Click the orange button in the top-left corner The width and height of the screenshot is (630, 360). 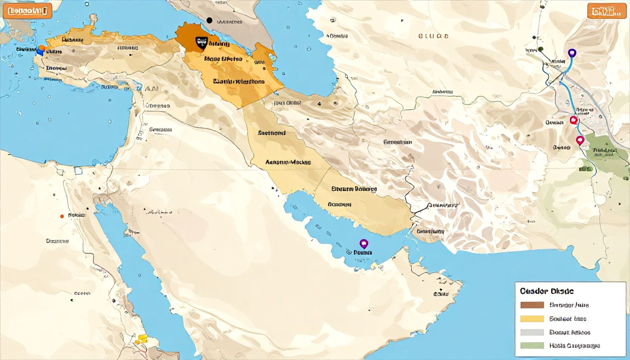click(x=27, y=11)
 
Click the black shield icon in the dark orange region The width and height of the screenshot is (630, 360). click(x=202, y=44)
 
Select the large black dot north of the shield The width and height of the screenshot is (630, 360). click(x=210, y=20)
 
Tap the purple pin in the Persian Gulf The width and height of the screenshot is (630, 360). click(x=364, y=243)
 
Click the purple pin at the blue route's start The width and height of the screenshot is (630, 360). click(x=572, y=53)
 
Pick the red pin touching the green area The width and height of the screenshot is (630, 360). click(x=580, y=140)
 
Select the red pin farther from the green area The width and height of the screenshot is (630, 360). click(x=573, y=120)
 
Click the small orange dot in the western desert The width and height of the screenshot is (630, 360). click(x=62, y=216)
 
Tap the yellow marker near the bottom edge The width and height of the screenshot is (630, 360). click(x=142, y=338)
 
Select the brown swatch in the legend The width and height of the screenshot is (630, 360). click(x=532, y=305)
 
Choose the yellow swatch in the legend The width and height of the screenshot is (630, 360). click(x=532, y=319)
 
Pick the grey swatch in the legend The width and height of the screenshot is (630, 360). click(x=532, y=332)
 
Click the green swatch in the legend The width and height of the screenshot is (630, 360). click(x=532, y=346)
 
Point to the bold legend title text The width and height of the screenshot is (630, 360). click(x=546, y=291)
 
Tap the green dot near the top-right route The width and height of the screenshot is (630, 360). click(x=541, y=49)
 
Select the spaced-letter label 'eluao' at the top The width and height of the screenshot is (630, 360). click(x=433, y=36)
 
